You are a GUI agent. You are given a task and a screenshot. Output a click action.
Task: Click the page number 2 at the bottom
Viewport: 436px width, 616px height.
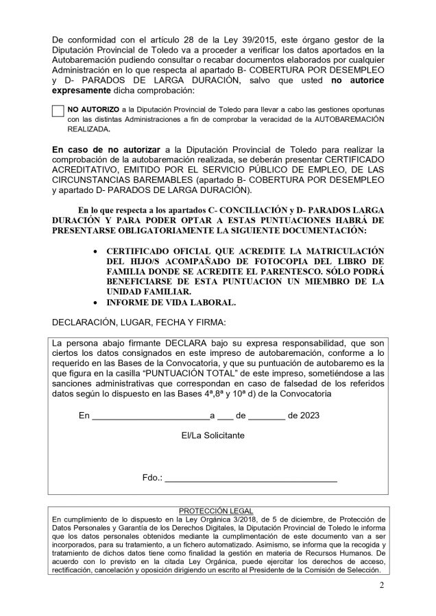(x=381, y=586)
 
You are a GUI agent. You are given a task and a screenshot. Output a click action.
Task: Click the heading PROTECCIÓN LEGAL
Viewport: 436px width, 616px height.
(x=215, y=511)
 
